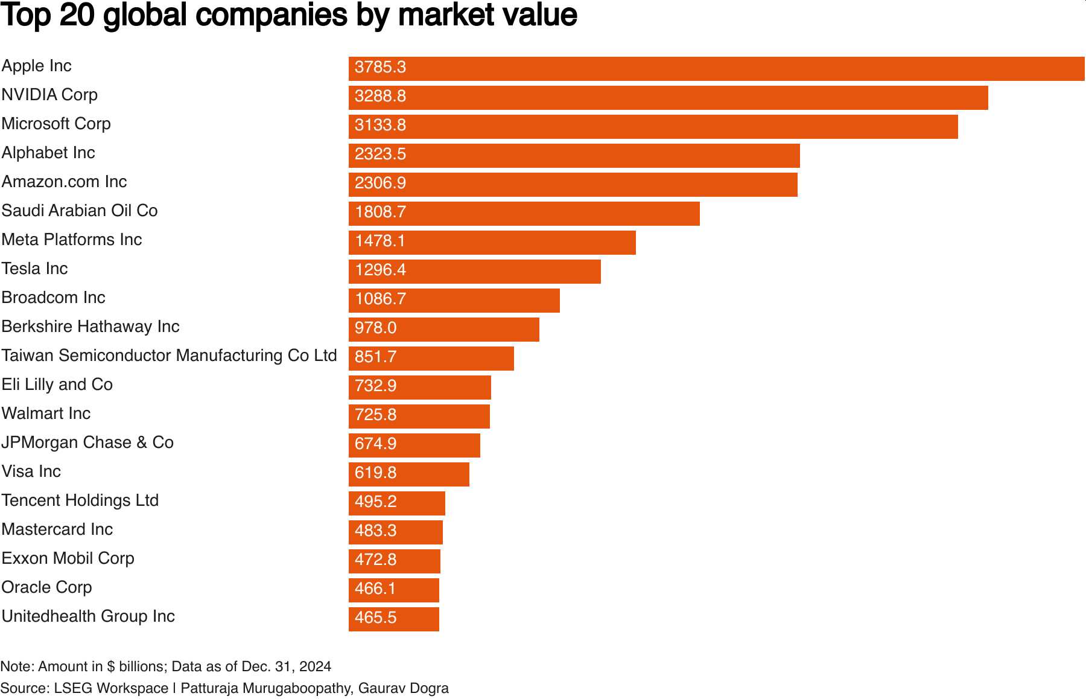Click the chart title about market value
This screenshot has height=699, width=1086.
289,15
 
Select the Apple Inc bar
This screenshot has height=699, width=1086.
716,69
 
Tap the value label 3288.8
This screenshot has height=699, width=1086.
380,97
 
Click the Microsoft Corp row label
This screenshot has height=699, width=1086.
56,124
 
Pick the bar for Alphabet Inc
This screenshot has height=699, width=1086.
574,156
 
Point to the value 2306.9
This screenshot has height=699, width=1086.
380,184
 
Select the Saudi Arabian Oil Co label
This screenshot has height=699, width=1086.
80,211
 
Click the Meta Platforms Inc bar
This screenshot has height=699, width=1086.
492,243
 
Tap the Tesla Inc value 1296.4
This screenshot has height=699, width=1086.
380,270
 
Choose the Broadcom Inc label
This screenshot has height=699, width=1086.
54,298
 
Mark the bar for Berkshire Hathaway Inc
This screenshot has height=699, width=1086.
443,330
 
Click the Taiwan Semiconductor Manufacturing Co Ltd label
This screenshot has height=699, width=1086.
169,356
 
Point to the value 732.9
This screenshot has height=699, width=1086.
375,386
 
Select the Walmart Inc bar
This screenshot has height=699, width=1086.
419,417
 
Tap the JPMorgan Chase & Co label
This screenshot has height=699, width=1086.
87,442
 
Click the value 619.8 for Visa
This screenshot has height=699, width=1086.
375,473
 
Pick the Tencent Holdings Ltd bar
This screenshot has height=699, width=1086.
396,503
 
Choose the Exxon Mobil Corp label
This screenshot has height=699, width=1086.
68,558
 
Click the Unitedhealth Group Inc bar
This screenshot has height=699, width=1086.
393,619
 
